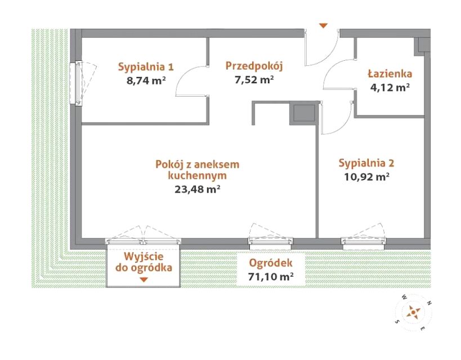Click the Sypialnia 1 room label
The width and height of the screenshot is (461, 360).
146,67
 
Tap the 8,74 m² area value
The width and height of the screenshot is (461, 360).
146,80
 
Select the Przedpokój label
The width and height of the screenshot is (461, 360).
254,66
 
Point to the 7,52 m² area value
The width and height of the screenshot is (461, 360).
254,79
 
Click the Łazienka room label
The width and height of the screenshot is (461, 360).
390,74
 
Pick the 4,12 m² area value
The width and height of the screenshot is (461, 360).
390,87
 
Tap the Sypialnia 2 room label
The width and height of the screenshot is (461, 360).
366,163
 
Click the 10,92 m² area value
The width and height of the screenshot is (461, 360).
367,177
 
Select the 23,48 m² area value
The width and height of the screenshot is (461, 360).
198,189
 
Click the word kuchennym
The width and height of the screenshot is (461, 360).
197,175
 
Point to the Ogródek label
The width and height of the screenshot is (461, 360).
271,263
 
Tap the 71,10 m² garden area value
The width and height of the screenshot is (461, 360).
271,277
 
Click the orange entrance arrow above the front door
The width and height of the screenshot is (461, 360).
324,26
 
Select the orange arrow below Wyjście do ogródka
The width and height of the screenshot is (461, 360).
144,280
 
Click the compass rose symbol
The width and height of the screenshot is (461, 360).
414,312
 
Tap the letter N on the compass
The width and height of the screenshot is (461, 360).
429,303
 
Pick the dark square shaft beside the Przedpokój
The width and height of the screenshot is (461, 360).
305,113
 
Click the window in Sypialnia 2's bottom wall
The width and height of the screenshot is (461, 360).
364,241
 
